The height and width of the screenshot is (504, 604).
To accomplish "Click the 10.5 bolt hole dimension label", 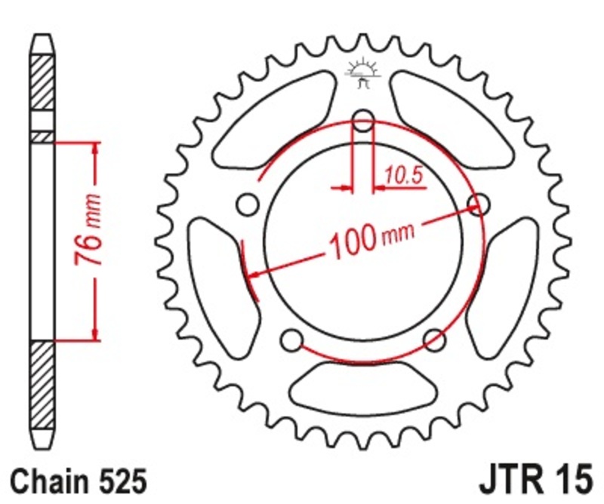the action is click(x=404, y=175).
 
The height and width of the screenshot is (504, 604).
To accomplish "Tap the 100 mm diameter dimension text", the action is click(x=371, y=240).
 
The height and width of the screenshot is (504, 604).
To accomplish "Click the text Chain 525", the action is click(x=79, y=481).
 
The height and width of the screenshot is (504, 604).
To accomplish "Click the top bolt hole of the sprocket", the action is click(x=363, y=121).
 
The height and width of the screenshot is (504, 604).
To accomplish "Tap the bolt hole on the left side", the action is click(x=248, y=204).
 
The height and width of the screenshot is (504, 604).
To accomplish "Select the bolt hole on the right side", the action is click(x=479, y=204).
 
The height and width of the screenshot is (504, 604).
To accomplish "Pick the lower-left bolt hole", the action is click(x=291, y=340).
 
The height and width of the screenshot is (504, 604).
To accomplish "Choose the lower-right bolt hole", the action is click(x=435, y=340).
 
